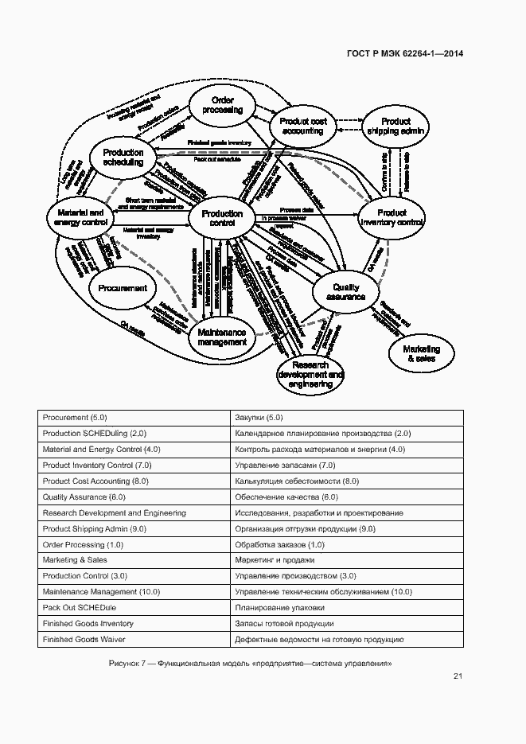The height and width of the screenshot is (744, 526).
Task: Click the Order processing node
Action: click(x=222, y=106)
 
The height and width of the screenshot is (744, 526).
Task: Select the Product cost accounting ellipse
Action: click(x=303, y=126)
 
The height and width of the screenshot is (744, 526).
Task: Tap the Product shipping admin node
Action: click(x=395, y=126)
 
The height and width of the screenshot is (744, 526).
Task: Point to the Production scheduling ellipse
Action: click(x=123, y=158)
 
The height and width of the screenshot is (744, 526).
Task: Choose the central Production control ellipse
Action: click(x=222, y=219)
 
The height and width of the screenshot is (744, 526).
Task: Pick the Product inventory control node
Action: click(x=392, y=218)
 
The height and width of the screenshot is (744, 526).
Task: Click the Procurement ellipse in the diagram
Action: click(x=123, y=288)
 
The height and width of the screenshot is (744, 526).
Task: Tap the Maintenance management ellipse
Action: click(x=222, y=337)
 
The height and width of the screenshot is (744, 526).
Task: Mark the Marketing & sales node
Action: click(x=421, y=353)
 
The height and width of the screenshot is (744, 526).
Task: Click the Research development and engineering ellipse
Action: click(x=311, y=374)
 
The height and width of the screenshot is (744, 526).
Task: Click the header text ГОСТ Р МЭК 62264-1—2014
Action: click(x=405, y=54)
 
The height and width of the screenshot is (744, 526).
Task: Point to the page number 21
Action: click(x=458, y=676)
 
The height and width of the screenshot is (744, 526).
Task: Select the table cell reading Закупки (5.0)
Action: click(x=259, y=418)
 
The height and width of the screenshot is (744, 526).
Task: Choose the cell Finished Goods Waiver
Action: click(x=84, y=640)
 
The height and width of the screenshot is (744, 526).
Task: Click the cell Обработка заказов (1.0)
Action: click(x=279, y=545)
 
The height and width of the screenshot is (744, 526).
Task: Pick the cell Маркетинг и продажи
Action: click(x=271, y=561)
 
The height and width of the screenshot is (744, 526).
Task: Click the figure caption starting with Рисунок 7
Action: click(x=251, y=664)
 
